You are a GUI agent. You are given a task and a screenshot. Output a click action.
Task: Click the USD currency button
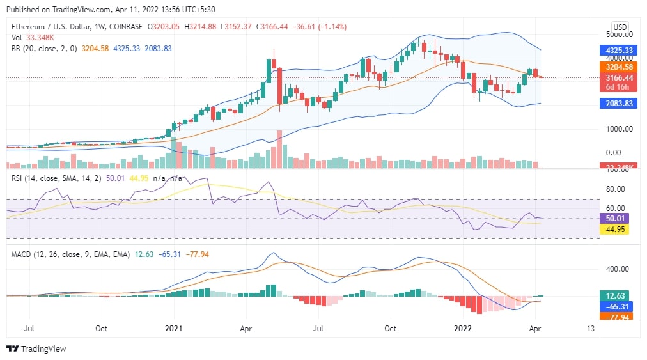[x=620, y=27]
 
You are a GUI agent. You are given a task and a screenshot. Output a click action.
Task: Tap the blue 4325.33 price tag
[x=620, y=50]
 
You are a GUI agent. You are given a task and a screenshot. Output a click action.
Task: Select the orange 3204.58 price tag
[x=620, y=67]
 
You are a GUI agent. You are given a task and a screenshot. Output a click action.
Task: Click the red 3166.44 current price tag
[x=620, y=78]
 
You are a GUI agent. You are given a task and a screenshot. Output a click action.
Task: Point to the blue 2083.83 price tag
[x=620, y=104]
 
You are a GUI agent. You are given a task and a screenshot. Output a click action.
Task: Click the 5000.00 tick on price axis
[x=620, y=34]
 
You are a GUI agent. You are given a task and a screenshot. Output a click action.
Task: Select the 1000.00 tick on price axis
[x=620, y=129]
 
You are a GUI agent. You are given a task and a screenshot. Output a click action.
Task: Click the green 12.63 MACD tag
[x=620, y=296]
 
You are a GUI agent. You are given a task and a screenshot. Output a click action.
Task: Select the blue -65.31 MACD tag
[x=620, y=306]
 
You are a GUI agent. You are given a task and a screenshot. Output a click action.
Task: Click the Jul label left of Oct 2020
[x=29, y=329]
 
